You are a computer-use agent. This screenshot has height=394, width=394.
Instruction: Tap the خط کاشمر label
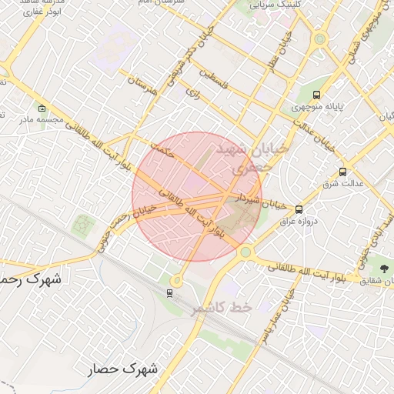click(x=222, y=307)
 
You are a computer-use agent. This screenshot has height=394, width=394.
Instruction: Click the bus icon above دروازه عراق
click(x=299, y=209)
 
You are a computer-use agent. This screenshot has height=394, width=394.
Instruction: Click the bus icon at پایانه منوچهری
click(x=317, y=94)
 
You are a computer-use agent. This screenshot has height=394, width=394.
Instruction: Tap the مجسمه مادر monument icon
click(x=41, y=109)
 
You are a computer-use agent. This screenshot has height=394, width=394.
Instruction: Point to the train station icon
click(x=169, y=292)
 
